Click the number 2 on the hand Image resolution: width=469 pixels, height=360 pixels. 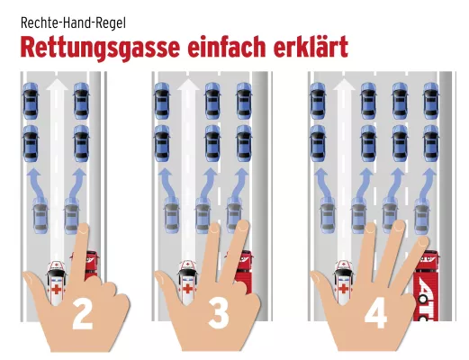(82, 314)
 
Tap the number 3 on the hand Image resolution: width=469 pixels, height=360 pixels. (219, 314)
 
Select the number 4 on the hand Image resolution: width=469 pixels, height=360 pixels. (375, 314)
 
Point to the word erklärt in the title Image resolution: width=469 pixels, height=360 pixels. (311, 47)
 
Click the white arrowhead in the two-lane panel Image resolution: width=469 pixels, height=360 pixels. (56, 86)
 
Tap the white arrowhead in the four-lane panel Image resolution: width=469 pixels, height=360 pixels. (343, 86)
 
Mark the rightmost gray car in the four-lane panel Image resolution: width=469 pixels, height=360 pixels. (421, 216)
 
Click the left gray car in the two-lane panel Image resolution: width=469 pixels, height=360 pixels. (41, 216)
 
